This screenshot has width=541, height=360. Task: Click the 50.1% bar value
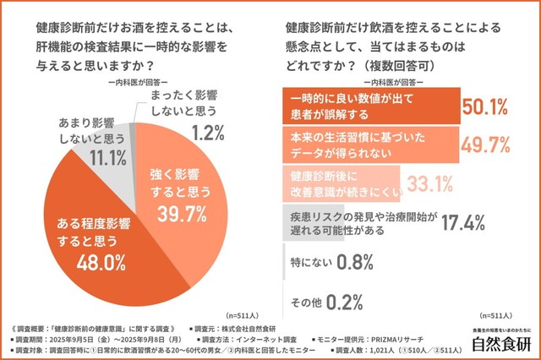pos(484,106)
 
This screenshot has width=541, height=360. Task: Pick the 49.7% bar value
pos(484,145)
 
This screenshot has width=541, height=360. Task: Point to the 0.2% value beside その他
pos(340,301)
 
